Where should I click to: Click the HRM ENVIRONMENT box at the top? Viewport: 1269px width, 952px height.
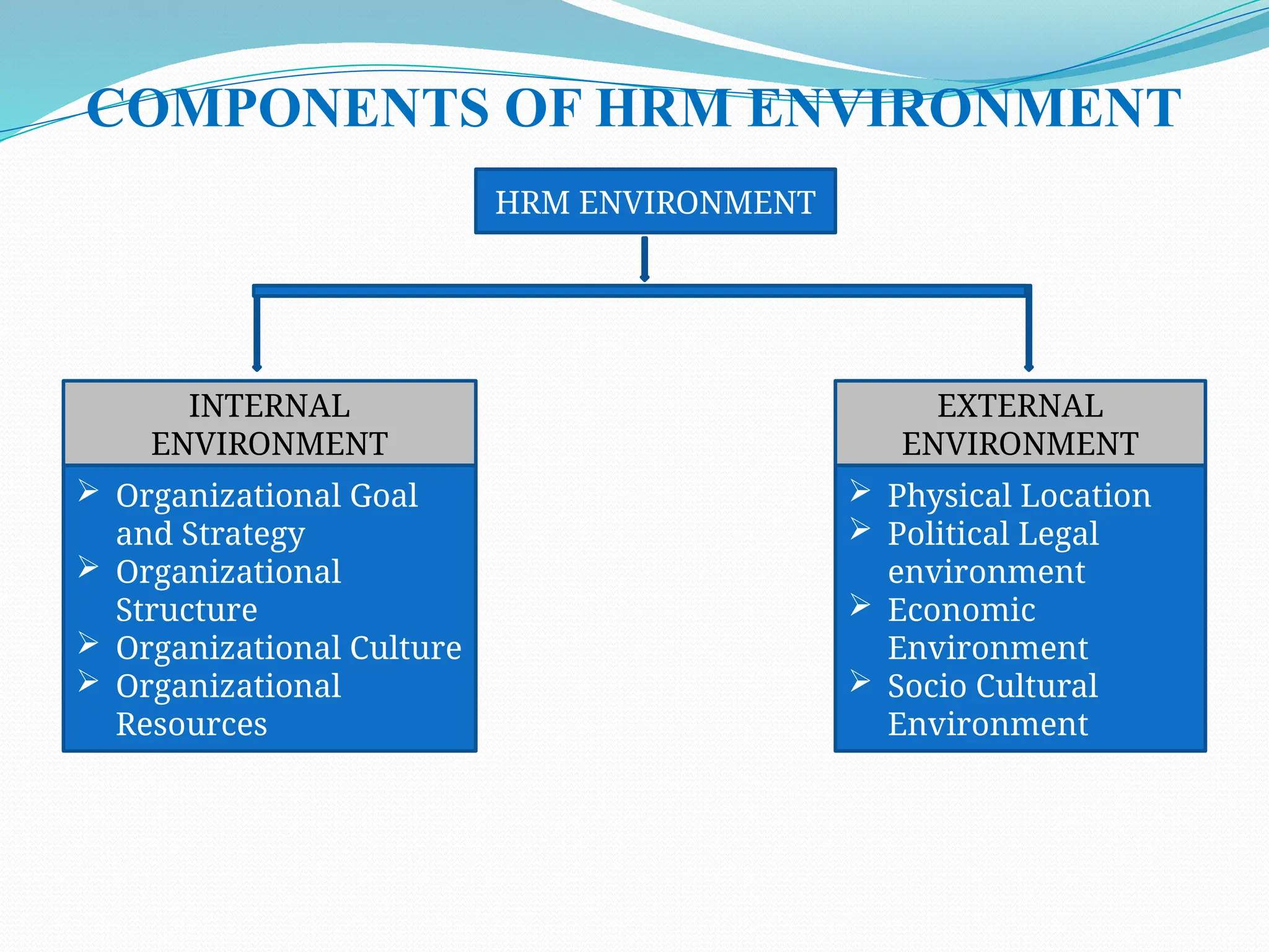(x=655, y=201)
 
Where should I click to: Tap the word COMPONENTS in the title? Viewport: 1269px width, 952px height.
(x=288, y=108)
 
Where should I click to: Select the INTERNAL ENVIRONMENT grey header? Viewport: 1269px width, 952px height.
(x=270, y=424)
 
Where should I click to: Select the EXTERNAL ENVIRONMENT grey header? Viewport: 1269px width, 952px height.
(x=1020, y=424)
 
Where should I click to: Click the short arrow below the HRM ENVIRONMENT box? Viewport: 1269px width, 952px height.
(x=644, y=259)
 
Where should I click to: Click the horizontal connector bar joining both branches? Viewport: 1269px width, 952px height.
(x=642, y=290)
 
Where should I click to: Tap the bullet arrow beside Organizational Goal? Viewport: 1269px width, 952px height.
(x=89, y=491)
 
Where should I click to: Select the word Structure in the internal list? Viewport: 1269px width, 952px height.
(x=187, y=610)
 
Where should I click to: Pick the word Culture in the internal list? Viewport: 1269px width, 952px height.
(x=405, y=648)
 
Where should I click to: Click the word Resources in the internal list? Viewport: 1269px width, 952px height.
(x=191, y=724)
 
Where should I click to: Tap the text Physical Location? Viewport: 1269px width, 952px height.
(x=1019, y=496)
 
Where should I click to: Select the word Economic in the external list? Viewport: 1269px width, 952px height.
(x=961, y=610)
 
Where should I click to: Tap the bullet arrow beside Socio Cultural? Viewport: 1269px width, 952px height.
(x=860, y=681)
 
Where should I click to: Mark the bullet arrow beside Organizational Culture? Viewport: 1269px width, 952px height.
(x=89, y=643)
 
